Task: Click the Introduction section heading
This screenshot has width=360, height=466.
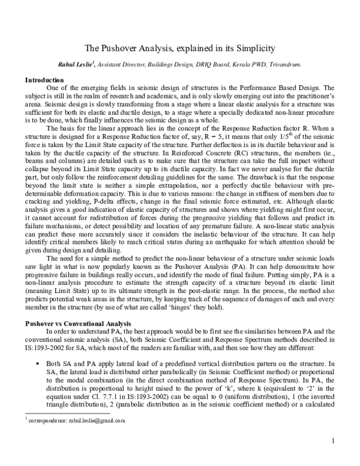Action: coord(44,80)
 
